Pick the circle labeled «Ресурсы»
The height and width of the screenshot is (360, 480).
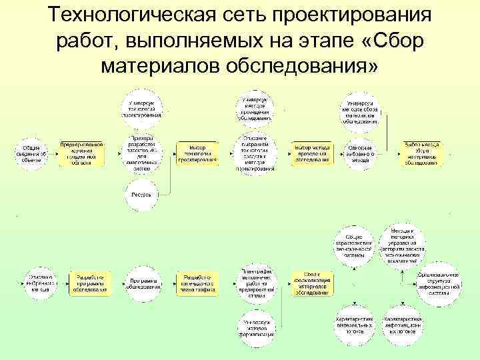[141, 195]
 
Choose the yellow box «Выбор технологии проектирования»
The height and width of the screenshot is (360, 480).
[197, 153]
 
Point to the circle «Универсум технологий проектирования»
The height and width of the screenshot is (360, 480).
[141, 106]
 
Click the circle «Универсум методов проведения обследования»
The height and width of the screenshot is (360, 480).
[255, 107]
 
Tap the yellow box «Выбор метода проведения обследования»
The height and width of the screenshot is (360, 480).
[311, 153]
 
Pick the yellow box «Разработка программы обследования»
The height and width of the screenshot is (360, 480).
[88, 283]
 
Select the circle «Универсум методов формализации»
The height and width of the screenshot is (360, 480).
[255, 327]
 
